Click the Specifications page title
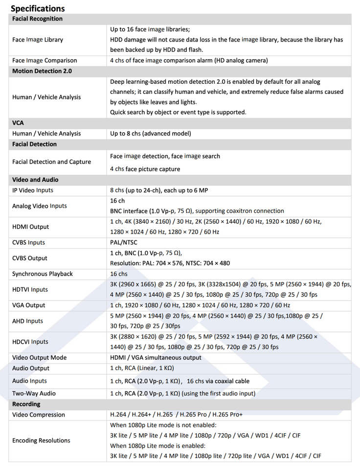38,8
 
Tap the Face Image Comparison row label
45,60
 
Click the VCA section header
18,123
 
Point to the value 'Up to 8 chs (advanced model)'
151,133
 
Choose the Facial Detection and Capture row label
51,162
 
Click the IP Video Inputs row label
33,190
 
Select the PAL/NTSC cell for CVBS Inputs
124,242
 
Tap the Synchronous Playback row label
43,274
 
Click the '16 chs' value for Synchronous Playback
119,274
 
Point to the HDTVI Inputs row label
30,289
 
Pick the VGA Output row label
28,305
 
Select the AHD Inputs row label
28,321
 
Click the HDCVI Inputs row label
30,342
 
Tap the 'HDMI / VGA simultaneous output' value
156,357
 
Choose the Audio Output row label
31,368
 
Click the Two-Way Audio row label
34,393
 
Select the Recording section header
26,404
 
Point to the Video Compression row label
39,415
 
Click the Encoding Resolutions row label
41,440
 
